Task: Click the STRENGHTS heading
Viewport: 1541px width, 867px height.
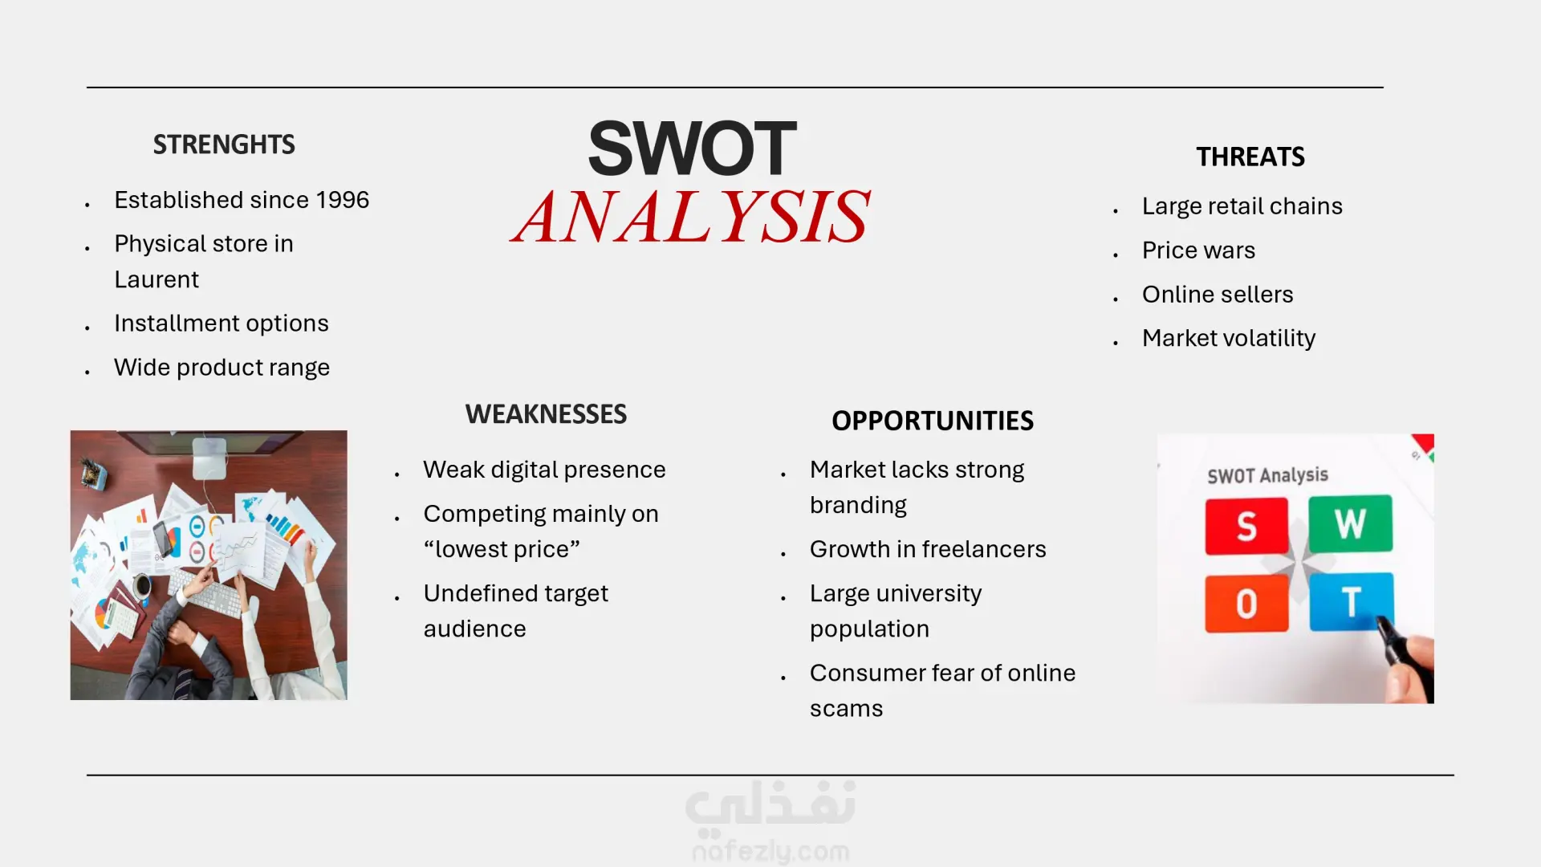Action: pyautogui.click(x=224, y=144)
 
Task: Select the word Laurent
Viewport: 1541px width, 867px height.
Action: pyautogui.click(x=157, y=279)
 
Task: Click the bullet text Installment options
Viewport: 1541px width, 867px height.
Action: pyautogui.click(x=222, y=324)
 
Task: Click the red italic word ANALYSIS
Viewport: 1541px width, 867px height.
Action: pyautogui.click(x=691, y=217)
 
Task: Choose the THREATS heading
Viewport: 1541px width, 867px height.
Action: pyautogui.click(x=1250, y=157)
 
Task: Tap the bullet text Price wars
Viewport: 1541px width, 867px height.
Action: pyautogui.click(x=1198, y=250)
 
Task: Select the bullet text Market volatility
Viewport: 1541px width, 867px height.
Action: pyautogui.click(x=1229, y=339)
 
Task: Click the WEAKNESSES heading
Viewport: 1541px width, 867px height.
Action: pyautogui.click(x=546, y=414)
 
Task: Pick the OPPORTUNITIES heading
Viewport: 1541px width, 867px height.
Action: pyautogui.click(x=933, y=421)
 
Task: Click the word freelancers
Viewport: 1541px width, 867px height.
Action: pyautogui.click(x=984, y=549)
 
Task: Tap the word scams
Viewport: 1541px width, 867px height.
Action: pyautogui.click(x=846, y=709)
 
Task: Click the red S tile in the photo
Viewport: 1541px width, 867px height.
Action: pyautogui.click(x=1246, y=526)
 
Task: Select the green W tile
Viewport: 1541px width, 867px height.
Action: pyautogui.click(x=1350, y=523)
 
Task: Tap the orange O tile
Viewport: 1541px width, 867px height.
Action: pyautogui.click(x=1246, y=604)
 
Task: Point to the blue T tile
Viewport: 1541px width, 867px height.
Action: pyautogui.click(x=1352, y=601)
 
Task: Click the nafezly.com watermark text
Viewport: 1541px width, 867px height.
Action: pyautogui.click(x=770, y=851)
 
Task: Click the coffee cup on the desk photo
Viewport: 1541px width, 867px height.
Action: pyautogui.click(x=142, y=587)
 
